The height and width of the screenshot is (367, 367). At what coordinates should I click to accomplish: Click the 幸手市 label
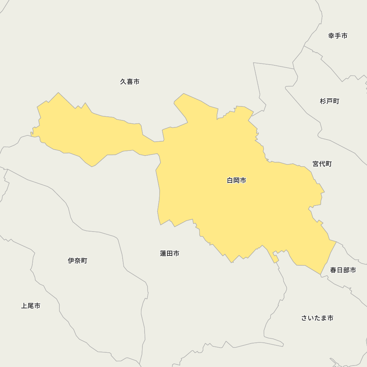(x=338, y=36)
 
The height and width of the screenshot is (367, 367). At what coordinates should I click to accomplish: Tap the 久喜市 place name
(x=130, y=82)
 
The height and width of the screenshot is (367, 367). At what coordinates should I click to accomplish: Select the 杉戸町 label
(x=330, y=101)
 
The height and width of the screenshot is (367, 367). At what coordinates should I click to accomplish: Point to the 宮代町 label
(x=322, y=164)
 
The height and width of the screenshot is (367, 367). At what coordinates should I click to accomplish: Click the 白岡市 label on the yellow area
(x=236, y=181)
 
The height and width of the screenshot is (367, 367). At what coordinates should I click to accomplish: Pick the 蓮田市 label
(x=170, y=254)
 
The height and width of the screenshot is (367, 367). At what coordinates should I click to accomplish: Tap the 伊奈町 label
(x=77, y=261)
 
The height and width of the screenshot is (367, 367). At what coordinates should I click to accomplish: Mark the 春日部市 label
(x=343, y=270)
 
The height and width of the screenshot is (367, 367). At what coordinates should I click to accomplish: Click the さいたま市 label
(x=317, y=318)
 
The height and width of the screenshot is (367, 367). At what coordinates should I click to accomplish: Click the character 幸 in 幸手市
(x=331, y=36)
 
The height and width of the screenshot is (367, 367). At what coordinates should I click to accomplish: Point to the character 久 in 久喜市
(x=123, y=82)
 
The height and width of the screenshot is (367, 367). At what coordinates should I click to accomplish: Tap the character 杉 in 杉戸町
(x=323, y=101)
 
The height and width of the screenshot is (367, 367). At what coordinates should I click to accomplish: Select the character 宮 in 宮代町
(x=316, y=164)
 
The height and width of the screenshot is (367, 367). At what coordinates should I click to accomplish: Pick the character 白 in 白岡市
(x=230, y=181)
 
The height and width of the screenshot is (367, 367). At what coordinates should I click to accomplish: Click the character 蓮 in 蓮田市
(x=163, y=254)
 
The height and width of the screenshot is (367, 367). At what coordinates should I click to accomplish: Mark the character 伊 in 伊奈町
(x=71, y=261)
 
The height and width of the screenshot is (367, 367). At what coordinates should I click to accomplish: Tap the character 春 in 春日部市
(x=333, y=270)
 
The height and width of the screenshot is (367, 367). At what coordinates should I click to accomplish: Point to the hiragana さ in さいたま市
(x=304, y=318)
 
